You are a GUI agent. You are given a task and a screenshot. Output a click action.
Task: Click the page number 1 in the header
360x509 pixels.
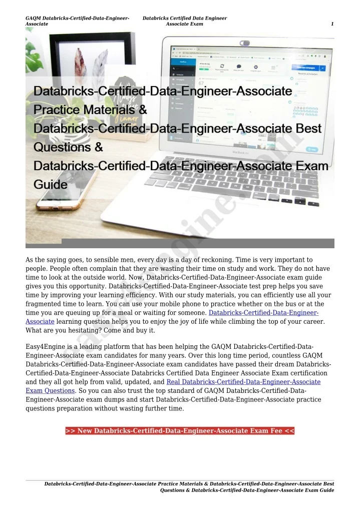click(332, 24)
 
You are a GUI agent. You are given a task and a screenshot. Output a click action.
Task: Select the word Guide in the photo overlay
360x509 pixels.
click(50, 185)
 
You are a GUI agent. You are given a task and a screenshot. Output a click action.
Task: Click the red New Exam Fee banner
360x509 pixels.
click(180, 431)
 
